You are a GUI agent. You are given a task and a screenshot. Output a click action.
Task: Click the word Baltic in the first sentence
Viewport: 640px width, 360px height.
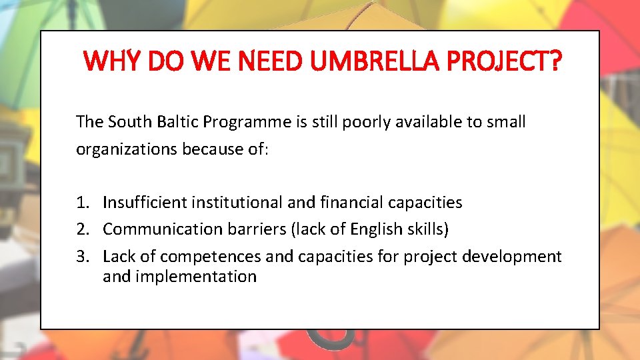177,122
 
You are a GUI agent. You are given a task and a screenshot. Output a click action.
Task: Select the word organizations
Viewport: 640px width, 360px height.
125,149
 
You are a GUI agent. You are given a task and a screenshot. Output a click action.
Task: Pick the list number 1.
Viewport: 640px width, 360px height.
82,203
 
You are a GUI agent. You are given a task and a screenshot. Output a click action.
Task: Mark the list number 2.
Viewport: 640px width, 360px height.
82,229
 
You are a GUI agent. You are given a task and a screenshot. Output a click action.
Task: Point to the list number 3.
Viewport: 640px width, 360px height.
82,257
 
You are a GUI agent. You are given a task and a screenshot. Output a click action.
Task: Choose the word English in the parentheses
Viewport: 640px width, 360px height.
392,229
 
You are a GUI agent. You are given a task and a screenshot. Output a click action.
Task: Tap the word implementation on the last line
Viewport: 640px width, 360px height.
195,277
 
